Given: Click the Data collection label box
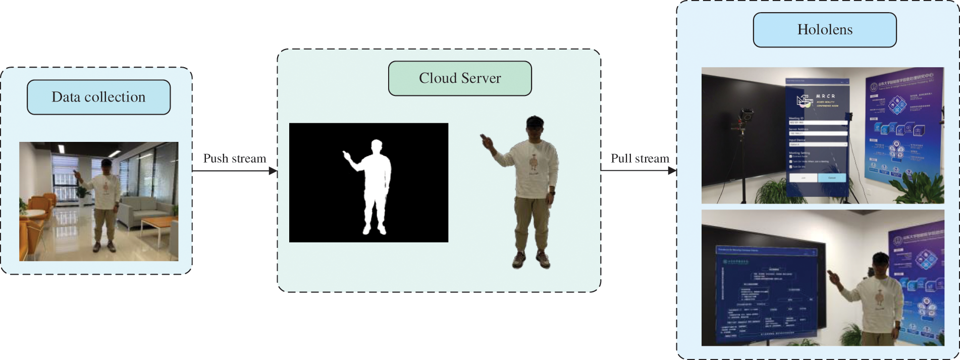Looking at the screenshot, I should point(98,97).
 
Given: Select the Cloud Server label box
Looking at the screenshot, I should point(460,78).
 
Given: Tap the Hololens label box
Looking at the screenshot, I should point(825,30).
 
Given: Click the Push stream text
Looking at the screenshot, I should point(235,159).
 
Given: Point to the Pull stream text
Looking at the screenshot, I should point(639,159).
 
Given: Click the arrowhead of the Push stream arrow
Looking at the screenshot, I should point(273,171).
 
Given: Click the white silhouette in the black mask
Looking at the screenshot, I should point(375,187).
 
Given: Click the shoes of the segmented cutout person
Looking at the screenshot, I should point(531,260).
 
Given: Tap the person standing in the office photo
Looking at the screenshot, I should point(105,202).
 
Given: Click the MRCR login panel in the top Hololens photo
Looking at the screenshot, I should point(817,136).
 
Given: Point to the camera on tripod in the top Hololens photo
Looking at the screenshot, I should point(744,121).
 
